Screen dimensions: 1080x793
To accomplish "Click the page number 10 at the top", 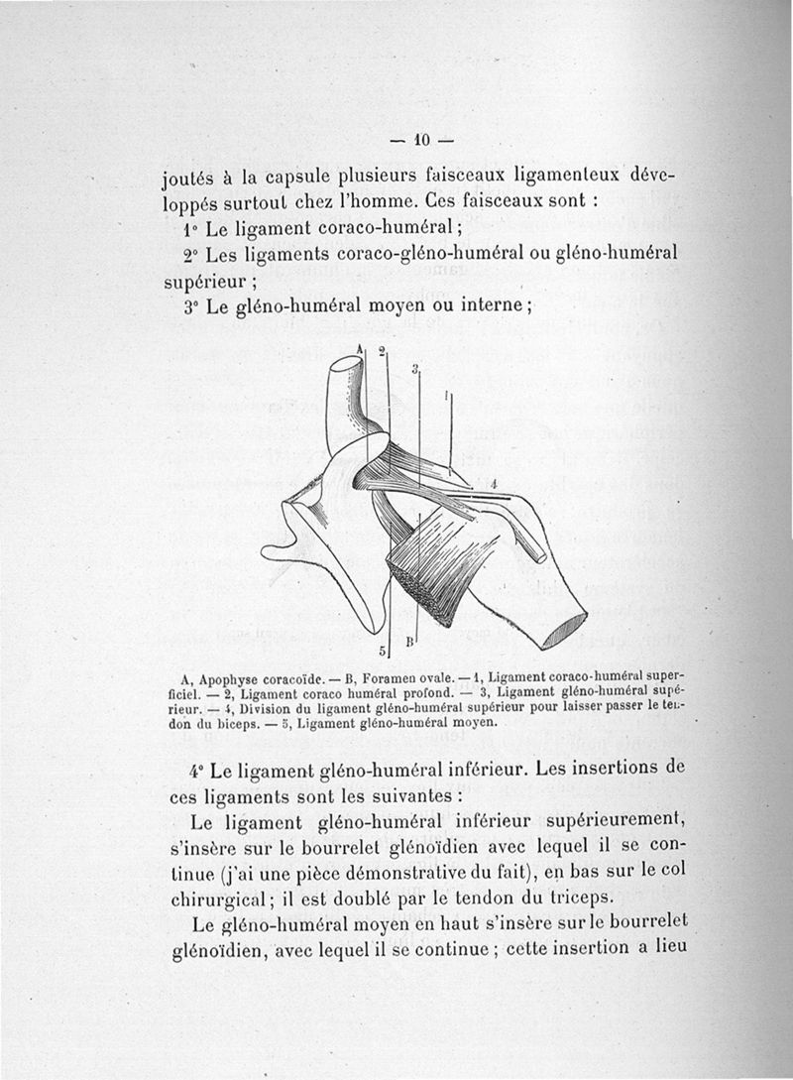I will pos(419,138).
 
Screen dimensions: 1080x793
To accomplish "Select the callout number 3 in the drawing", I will pos(414,368).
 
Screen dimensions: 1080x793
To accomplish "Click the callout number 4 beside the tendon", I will pos(493,484).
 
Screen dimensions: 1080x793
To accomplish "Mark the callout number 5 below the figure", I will pos(383,651).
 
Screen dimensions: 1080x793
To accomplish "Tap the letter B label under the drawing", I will pos(408,643).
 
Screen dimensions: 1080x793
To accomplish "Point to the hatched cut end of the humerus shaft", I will pos(566,631).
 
